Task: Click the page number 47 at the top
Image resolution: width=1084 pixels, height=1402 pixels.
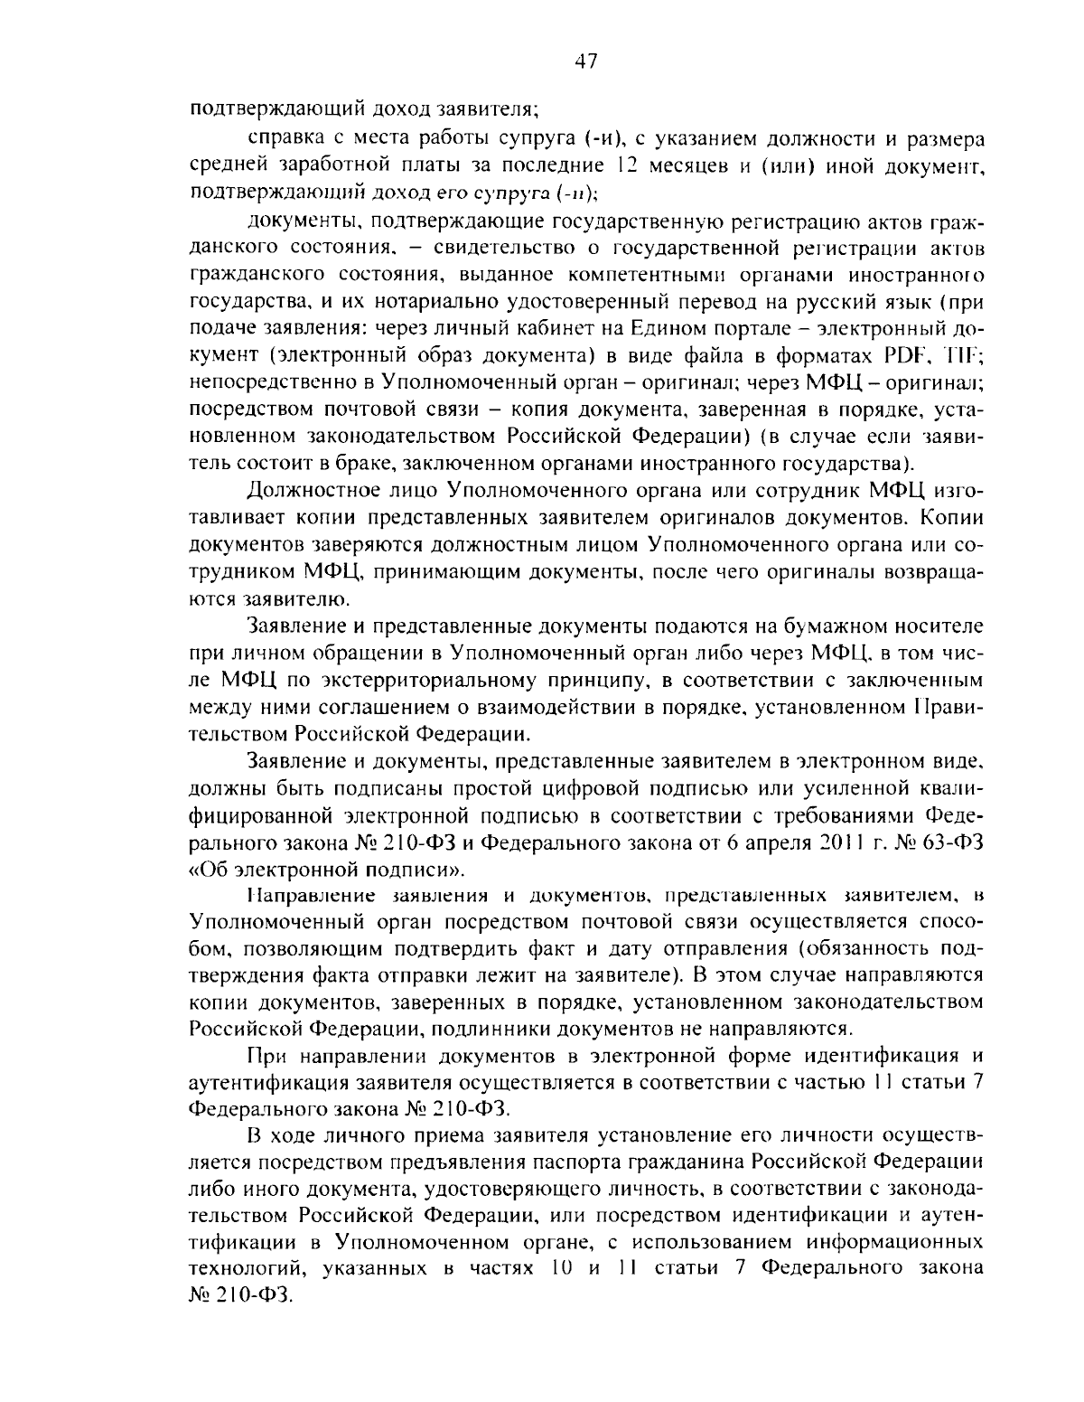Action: [586, 61]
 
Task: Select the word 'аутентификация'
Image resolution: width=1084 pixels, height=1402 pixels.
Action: [259, 1082]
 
